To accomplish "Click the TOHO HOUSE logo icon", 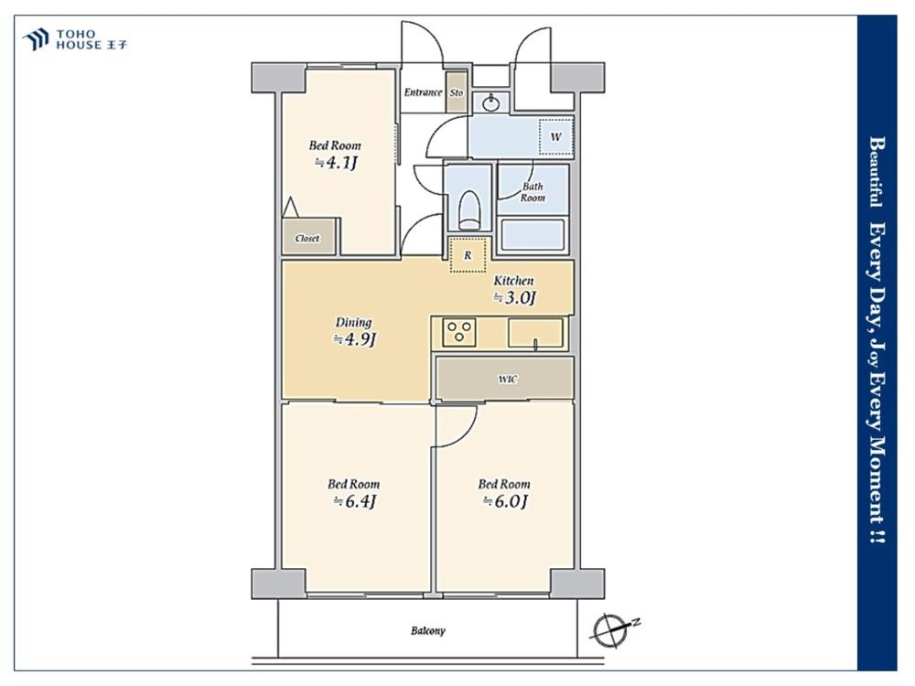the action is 35,39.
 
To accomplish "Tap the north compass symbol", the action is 609,630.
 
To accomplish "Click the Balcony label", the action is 427,630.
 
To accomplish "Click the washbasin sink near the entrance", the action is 491,103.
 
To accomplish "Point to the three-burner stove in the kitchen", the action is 459,333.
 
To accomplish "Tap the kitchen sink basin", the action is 535,333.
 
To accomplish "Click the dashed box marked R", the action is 468,255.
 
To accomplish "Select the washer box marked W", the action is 555,136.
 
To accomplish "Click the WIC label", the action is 507,380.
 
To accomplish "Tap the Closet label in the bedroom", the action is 307,238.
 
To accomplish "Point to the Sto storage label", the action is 457,92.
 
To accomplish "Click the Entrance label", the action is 423,92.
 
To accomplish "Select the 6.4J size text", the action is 354,501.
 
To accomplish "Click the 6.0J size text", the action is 505,501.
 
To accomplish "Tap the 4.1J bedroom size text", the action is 336,163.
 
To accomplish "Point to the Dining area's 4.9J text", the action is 354,339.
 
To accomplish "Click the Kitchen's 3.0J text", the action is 514,297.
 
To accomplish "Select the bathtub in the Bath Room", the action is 533,234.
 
